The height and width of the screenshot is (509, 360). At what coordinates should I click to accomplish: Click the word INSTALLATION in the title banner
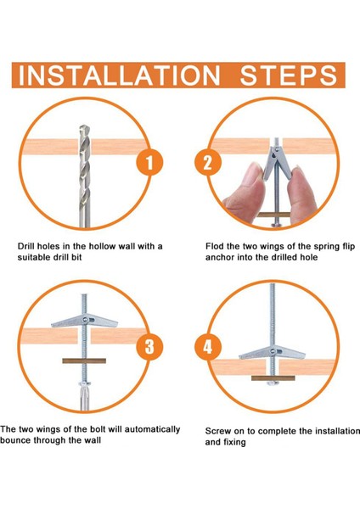[119, 76]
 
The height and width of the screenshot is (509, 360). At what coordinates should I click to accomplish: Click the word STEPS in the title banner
[289, 76]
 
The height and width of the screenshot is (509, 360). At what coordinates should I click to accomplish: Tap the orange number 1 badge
[149, 162]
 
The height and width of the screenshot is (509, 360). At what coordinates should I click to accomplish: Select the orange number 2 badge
[208, 162]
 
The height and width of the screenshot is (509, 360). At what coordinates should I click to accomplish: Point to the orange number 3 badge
[149, 346]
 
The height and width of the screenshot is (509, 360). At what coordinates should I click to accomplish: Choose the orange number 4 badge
[208, 346]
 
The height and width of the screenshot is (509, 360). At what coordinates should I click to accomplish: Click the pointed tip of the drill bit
[84, 126]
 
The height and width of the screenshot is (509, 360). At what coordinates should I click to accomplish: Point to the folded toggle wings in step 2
[276, 162]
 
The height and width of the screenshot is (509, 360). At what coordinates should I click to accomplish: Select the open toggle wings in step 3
[84, 321]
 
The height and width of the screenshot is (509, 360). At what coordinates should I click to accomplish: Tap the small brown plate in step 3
[84, 361]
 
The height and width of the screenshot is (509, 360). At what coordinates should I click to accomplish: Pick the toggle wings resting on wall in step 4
[273, 353]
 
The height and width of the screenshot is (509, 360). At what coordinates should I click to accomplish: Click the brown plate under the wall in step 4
[273, 378]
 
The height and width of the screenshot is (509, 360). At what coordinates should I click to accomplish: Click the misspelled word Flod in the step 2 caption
[214, 246]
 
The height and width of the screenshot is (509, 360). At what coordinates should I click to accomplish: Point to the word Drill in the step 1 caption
[25, 246]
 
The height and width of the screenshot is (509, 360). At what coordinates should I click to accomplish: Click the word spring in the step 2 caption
[322, 247]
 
